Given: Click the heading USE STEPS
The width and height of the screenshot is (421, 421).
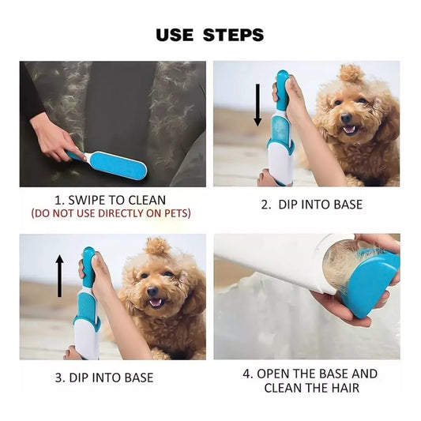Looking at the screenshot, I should click(x=209, y=35).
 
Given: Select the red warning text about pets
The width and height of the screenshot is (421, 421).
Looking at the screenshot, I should click(x=111, y=213).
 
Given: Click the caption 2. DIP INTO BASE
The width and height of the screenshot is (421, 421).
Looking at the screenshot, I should click(x=311, y=205).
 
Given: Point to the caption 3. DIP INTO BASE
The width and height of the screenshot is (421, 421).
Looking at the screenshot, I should click(x=104, y=378).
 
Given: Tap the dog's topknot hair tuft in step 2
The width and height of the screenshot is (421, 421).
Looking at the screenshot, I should click(x=351, y=74).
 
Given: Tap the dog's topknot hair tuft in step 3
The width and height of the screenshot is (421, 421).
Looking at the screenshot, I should click(x=157, y=246).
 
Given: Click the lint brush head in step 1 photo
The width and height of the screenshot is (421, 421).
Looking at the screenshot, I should click(x=118, y=165).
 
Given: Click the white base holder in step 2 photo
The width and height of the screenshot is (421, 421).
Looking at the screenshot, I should click(x=281, y=158).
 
